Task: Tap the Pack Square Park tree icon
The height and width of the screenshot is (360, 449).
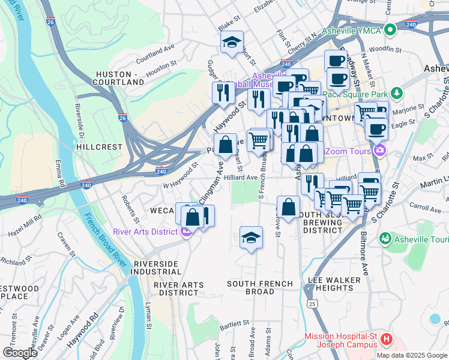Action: tap(396, 94)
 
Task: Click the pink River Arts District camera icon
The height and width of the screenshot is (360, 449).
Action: tap(186, 232)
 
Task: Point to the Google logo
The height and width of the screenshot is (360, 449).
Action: tap(19, 353)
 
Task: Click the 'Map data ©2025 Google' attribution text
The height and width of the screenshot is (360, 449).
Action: tap(412, 355)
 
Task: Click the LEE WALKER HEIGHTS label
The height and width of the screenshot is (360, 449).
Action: tap(334, 284)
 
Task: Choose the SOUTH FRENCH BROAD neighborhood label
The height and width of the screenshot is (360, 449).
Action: tap(260, 287)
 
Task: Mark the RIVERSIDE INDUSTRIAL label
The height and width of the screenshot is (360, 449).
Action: tap(156, 268)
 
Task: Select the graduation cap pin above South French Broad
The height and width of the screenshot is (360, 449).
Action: tap(251, 237)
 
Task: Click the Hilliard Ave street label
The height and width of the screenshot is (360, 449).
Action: tap(241, 178)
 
